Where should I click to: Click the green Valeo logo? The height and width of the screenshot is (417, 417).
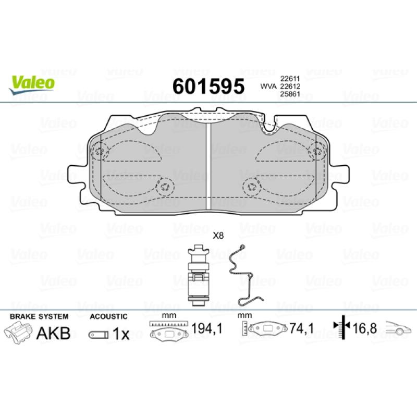click(32, 84)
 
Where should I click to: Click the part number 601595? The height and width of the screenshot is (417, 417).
click(208, 87)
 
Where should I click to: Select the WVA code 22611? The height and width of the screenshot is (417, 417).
click(290, 79)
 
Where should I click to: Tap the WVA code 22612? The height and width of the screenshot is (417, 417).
click(290, 86)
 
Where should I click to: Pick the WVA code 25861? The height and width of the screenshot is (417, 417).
click(290, 94)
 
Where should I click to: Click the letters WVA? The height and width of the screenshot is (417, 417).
click(268, 86)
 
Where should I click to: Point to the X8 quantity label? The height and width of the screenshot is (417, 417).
click(218, 236)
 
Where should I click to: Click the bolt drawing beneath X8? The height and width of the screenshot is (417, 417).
click(199, 276)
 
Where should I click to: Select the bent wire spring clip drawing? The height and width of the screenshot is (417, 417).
click(245, 275)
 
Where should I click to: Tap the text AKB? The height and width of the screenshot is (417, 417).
click(53, 333)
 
